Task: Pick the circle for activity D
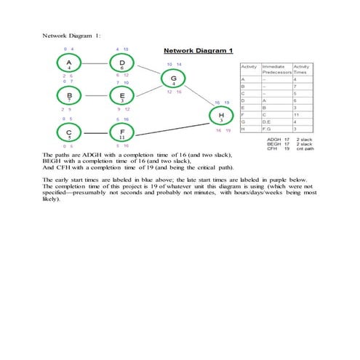121,64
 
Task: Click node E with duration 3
121,97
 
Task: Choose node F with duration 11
121,133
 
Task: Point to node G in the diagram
173,80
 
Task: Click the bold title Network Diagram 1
198,51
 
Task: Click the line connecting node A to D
95,64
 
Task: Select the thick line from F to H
172,124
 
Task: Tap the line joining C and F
95,133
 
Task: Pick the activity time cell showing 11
297,113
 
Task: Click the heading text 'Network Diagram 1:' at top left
71,34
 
